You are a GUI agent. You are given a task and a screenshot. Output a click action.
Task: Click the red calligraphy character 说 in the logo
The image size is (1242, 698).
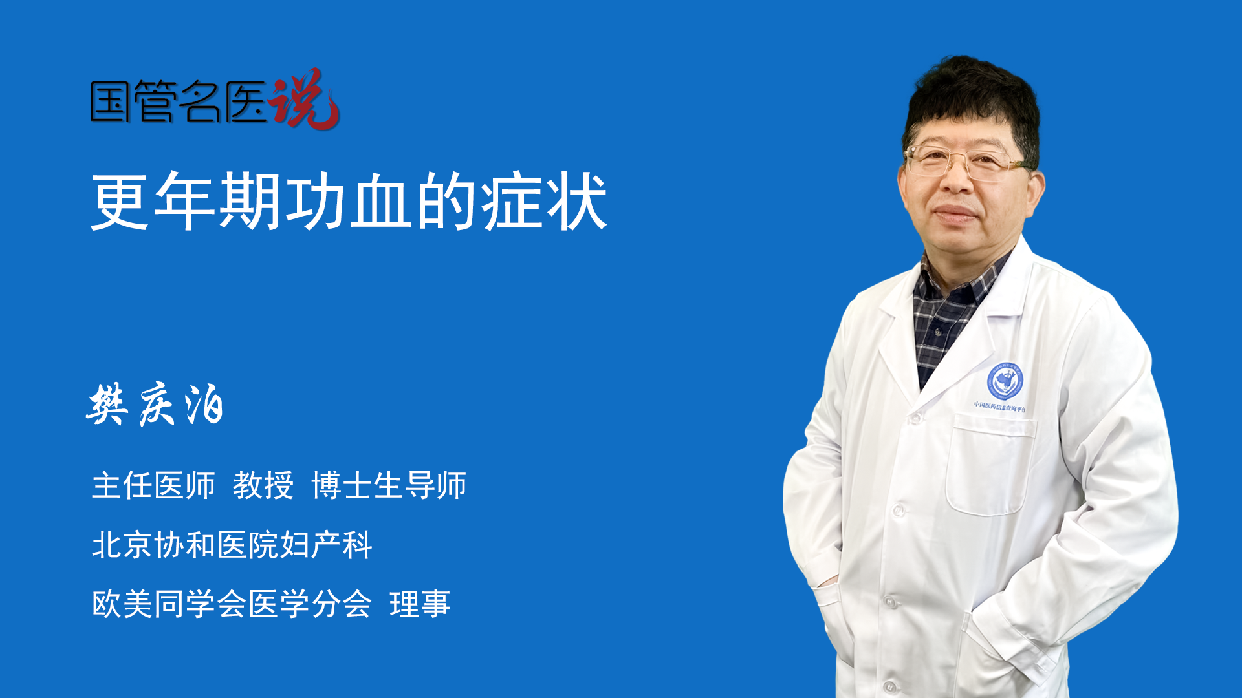tap(304, 99)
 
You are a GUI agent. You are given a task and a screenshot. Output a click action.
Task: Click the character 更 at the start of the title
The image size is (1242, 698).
tap(120, 202)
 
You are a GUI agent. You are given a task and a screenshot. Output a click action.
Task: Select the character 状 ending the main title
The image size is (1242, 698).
tap(576, 202)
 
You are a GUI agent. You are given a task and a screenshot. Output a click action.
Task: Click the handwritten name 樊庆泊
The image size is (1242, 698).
tap(155, 405)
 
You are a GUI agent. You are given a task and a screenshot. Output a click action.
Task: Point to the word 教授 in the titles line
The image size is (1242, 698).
tap(263, 485)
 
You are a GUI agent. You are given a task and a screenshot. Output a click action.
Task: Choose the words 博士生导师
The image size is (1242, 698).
tap(389, 485)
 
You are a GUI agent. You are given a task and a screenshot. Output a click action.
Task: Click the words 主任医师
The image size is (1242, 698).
tap(153, 485)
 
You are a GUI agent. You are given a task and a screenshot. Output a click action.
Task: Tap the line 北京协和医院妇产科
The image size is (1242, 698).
tap(232, 545)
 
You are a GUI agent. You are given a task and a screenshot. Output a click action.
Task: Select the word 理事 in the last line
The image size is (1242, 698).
tap(420, 604)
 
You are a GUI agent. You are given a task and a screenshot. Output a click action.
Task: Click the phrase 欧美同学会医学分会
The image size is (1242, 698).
tap(232, 604)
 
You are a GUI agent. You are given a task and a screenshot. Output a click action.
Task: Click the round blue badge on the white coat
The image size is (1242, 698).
tap(1005, 381)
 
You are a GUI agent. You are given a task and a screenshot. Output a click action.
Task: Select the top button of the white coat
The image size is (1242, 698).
tap(915, 419)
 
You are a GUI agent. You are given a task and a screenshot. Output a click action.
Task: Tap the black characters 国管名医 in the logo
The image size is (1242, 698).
tap(179, 101)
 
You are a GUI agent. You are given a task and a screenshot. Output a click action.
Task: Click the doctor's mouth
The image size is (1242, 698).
tap(955, 213)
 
